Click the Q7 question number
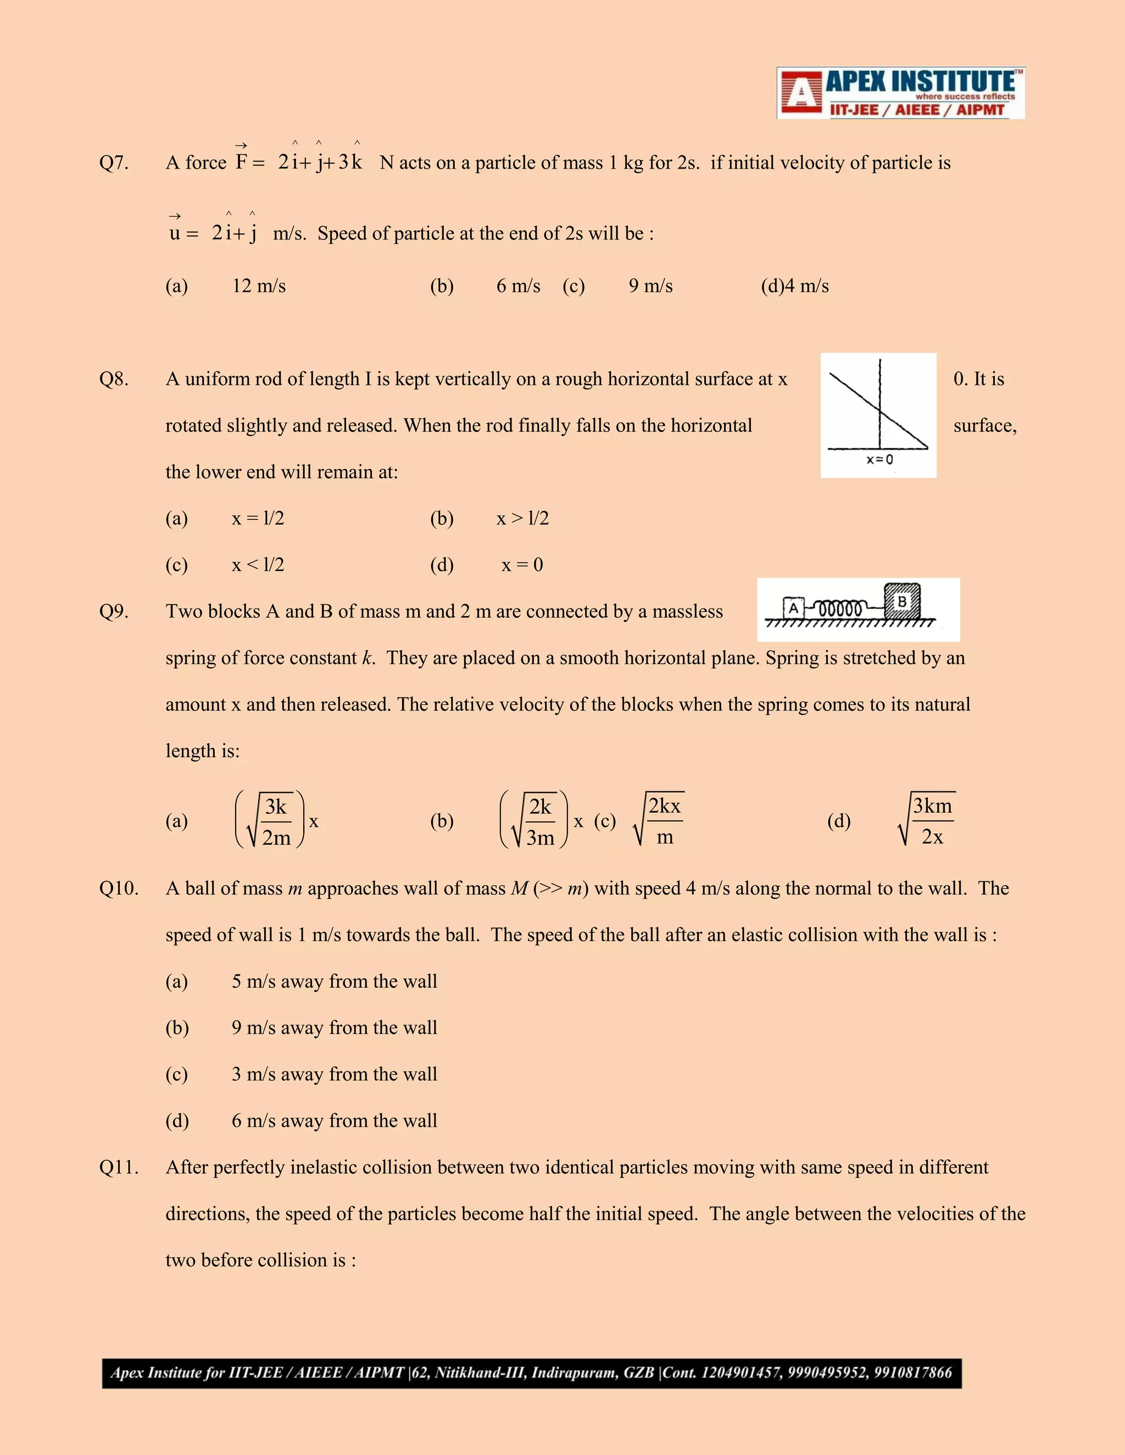click(113, 163)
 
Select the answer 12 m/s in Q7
click(259, 286)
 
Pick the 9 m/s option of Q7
click(650, 286)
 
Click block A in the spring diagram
click(793, 608)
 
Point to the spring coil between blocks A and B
click(840, 609)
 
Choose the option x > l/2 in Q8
click(522, 518)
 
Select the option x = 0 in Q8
click(522, 565)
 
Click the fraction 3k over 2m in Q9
click(276, 821)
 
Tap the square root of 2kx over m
click(659, 820)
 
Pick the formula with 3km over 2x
click(927, 820)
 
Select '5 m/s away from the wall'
click(334, 981)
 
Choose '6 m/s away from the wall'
click(334, 1121)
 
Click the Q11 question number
click(119, 1167)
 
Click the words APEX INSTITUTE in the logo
click(920, 82)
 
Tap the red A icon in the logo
click(800, 93)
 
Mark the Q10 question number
click(119, 889)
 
